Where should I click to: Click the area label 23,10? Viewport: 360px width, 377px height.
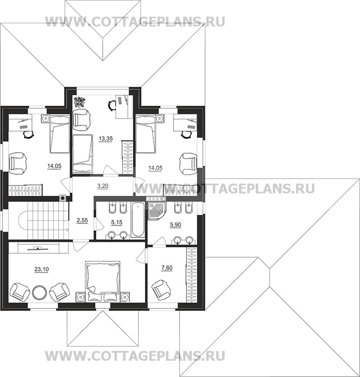tap(41, 269)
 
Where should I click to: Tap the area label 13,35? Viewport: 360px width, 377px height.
tap(106, 138)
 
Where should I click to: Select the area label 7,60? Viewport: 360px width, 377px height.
tap(167, 267)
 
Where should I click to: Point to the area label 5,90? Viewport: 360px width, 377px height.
tap(175, 225)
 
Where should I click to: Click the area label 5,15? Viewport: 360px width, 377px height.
tap(117, 223)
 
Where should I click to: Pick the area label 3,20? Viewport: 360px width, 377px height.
tap(102, 185)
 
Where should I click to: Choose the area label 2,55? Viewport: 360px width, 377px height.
tap(82, 220)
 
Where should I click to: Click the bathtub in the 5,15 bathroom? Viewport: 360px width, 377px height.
tap(138, 220)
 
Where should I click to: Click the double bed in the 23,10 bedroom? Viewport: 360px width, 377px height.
tap(103, 281)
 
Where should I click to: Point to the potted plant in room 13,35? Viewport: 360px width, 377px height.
tap(79, 102)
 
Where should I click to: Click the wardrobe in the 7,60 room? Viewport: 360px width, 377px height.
tap(192, 275)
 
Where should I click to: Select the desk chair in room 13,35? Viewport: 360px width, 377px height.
tap(112, 105)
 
